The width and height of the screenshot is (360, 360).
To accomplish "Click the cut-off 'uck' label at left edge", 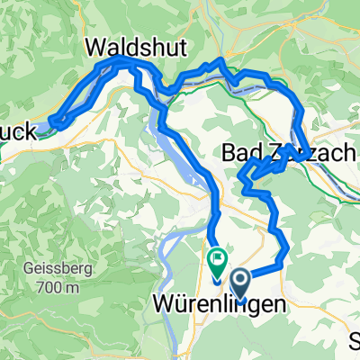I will click(x=18, y=131).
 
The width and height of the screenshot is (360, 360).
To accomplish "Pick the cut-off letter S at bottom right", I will click(x=355, y=339).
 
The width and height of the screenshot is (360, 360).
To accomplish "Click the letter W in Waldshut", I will click(x=96, y=45).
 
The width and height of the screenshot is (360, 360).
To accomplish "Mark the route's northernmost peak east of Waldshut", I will click(x=221, y=61).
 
